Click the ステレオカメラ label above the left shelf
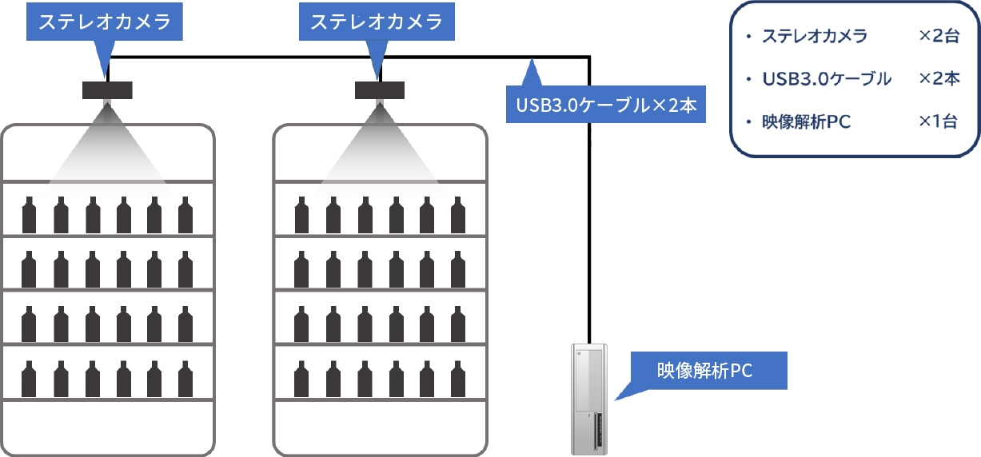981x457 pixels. pyautogui.click(x=105, y=22)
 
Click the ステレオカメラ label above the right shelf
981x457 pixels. pyautogui.click(x=377, y=22)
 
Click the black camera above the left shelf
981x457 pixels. pyautogui.click(x=107, y=90)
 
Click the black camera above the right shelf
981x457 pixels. pyautogui.click(x=380, y=90)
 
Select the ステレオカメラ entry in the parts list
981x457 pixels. pyautogui.click(x=815, y=36)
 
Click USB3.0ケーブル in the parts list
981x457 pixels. pyautogui.click(x=827, y=78)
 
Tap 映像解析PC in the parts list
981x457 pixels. pyautogui.click(x=806, y=121)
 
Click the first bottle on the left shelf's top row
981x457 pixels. pyautogui.click(x=30, y=213)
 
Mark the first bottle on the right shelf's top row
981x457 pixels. pyautogui.click(x=301, y=213)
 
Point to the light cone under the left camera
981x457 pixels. pyautogui.click(x=107, y=148)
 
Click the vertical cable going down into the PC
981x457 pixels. pyautogui.click(x=589, y=200)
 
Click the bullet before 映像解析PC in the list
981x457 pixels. pyautogui.click(x=748, y=122)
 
